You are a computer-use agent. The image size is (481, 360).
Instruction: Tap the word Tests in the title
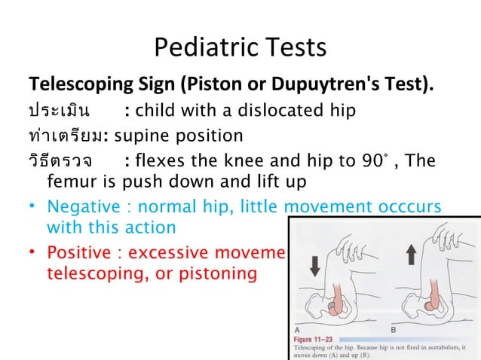pos(294,47)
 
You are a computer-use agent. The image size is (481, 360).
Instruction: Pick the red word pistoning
pos(219,272)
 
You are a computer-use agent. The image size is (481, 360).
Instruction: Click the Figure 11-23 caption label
pos(312,340)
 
